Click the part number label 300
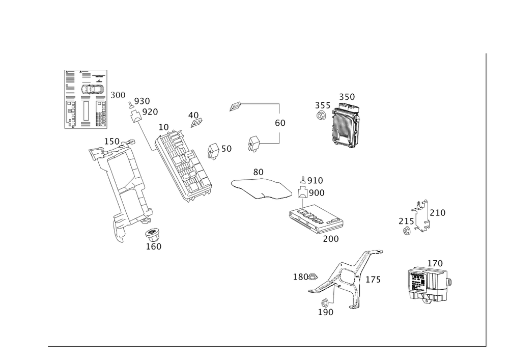(118, 95)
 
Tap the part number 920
(150, 111)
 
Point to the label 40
(193, 115)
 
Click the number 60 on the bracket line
(279, 123)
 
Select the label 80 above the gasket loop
(258, 173)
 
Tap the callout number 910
(315, 181)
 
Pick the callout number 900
(316, 193)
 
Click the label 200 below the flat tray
(330, 239)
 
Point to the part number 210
(437, 212)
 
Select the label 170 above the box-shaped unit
(434, 263)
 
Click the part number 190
(325, 313)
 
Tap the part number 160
(153, 246)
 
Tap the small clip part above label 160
(152, 234)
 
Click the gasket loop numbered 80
(260, 187)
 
